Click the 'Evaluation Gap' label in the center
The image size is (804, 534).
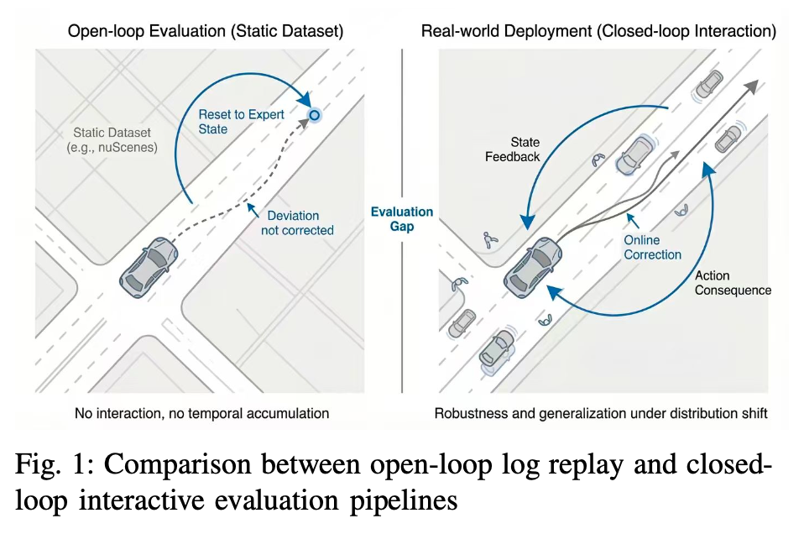[402, 219]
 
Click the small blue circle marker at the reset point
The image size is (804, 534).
[314, 116]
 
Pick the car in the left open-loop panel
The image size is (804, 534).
[149, 266]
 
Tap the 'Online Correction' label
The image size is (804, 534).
[652, 248]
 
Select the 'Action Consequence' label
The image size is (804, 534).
[732, 282]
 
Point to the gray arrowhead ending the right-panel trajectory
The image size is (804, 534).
[752, 83]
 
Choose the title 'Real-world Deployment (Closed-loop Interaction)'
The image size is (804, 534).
[598, 32]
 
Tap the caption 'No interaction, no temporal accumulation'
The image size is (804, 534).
[201, 413]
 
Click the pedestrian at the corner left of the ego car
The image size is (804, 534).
[488, 241]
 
